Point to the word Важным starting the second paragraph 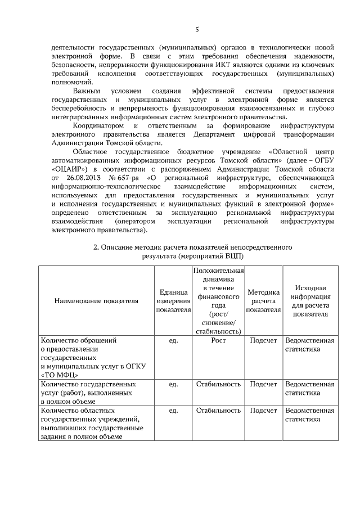[x=85, y=91]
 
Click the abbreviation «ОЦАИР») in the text [x=71, y=169]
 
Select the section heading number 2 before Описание [x=94, y=247]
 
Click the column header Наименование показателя [x=96, y=301]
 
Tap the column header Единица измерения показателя [x=173, y=301]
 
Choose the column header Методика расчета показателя [x=264, y=301]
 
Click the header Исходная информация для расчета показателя [x=310, y=301]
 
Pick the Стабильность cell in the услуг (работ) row [x=219, y=384]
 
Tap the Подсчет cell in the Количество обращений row [x=264, y=341]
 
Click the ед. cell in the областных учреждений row [x=173, y=411]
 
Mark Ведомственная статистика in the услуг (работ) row [x=310, y=389]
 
